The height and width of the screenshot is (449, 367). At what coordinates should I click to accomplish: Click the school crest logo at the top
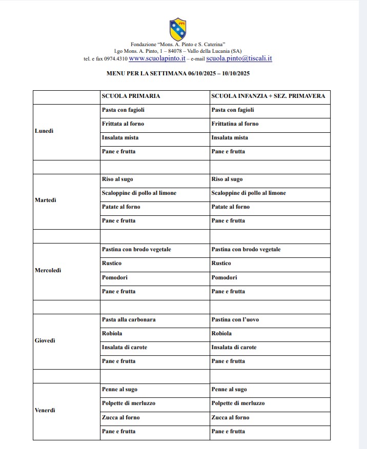pos(178,29)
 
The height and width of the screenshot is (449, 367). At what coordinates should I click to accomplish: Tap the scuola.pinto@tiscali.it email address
pos(239,58)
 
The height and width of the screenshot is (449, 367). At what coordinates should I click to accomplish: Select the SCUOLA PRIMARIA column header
pos(131,96)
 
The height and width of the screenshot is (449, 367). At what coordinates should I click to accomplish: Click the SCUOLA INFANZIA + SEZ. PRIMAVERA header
pos(268,96)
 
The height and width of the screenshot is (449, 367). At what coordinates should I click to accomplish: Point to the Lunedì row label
pos(44,131)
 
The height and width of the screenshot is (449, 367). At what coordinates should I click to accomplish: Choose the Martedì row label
pos(45,200)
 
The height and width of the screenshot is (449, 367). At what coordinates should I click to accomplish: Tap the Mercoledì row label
pos(48,270)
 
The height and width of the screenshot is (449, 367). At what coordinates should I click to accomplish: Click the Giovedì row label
pos(45,340)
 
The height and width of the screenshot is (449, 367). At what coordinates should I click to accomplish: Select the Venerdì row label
pos(45,410)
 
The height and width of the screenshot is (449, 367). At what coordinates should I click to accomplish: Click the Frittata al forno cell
pos(123,124)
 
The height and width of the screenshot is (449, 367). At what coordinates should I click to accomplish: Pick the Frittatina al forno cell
pos(235,124)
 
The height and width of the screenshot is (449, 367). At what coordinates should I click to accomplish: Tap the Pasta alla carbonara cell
pos(129,319)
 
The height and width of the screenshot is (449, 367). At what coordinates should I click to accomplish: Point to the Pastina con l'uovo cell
pos(235,319)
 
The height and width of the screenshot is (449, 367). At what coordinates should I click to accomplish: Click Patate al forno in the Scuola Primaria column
pos(121,207)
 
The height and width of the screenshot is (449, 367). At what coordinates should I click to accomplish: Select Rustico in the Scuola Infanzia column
pos(221,263)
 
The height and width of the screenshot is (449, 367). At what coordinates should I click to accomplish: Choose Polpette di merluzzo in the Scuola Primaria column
pos(129,403)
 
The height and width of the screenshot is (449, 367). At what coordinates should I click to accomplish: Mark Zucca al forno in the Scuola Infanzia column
pos(230,417)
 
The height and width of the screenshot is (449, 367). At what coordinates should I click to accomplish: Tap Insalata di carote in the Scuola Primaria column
pos(125,347)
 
